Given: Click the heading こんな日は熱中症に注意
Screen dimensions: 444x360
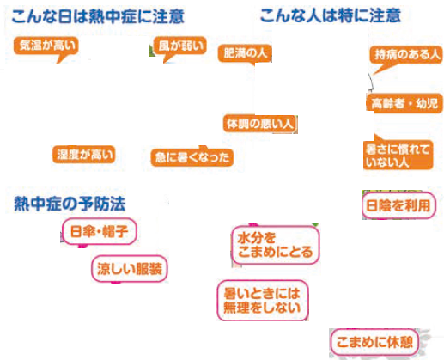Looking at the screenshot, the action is pyautogui.click(x=98, y=16).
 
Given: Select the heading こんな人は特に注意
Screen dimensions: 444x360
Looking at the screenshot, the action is pyautogui.click(x=331, y=15).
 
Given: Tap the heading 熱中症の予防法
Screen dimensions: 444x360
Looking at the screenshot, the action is pyautogui.click(x=70, y=204).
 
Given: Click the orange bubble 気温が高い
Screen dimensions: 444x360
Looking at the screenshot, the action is pyautogui.click(x=46, y=46).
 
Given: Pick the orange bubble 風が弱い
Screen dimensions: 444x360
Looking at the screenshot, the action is pyautogui.click(x=180, y=46).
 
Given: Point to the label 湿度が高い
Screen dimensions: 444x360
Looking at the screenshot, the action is pyautogui.click(x=84, y=155).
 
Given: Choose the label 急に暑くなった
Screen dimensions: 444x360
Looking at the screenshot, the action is pyautogui.click(x=192, y=157).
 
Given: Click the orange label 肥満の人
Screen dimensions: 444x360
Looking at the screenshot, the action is pyautogui.click(x=245, y=53).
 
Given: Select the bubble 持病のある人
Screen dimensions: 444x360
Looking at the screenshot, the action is pyautogui.click(x=406, y=55).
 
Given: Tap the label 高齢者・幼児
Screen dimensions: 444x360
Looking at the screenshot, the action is pyautogui.click(x=404, y=103).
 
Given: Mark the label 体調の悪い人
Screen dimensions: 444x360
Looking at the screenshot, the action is pyautogui.click(x=260, y=124).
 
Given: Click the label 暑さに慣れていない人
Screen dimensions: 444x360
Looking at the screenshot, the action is pyautogui.click(x=398, y=155).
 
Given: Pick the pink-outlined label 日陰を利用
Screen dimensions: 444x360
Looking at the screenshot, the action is pyautogui.click(x=398, y=205).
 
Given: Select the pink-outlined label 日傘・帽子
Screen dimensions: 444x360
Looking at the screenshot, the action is pyautogui.click(x=99, y=231).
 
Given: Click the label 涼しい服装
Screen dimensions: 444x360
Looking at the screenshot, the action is pyautogui.click(x=130, y=269).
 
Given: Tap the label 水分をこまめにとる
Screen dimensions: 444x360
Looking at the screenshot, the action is pyautogui.click(x=275, y=245).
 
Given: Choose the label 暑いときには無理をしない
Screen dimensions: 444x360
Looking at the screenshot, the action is pyautogui.click(x=263, y=301).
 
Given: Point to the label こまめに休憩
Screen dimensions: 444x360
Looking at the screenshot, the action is pyautogui.click(x=374, y=342).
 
